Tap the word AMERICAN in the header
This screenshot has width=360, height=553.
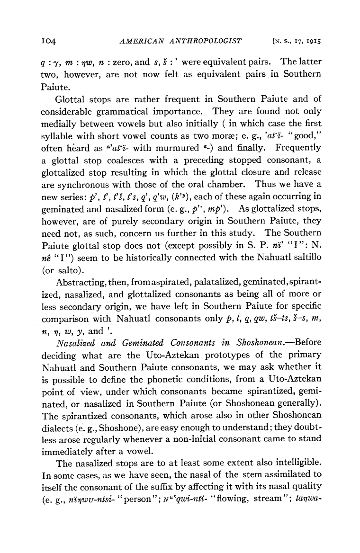(x=139, y=41)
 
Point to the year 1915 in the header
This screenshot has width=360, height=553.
(x=313, y=42)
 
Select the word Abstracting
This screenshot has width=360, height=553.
(x=80, y=284)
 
